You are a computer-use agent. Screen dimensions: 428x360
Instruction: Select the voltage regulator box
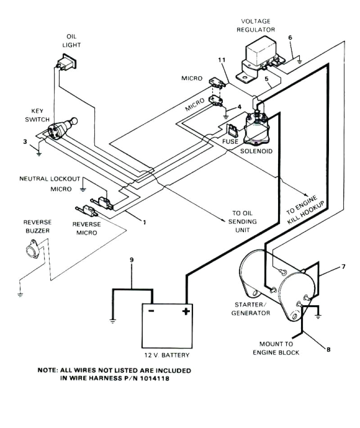pos(261,57)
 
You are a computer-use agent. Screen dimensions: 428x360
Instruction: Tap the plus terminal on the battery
pos(185,311)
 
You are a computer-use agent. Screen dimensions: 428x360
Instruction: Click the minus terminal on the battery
pos(151,311)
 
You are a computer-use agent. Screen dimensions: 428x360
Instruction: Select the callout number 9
pos(131,260)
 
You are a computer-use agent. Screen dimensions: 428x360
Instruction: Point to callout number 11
pos(221,60)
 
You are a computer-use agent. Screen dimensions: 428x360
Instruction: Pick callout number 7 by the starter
pos(343,267)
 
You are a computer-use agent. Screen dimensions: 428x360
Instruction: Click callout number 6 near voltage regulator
pos(290,37)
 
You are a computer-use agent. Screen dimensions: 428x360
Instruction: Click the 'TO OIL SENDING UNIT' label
pos(244,222)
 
